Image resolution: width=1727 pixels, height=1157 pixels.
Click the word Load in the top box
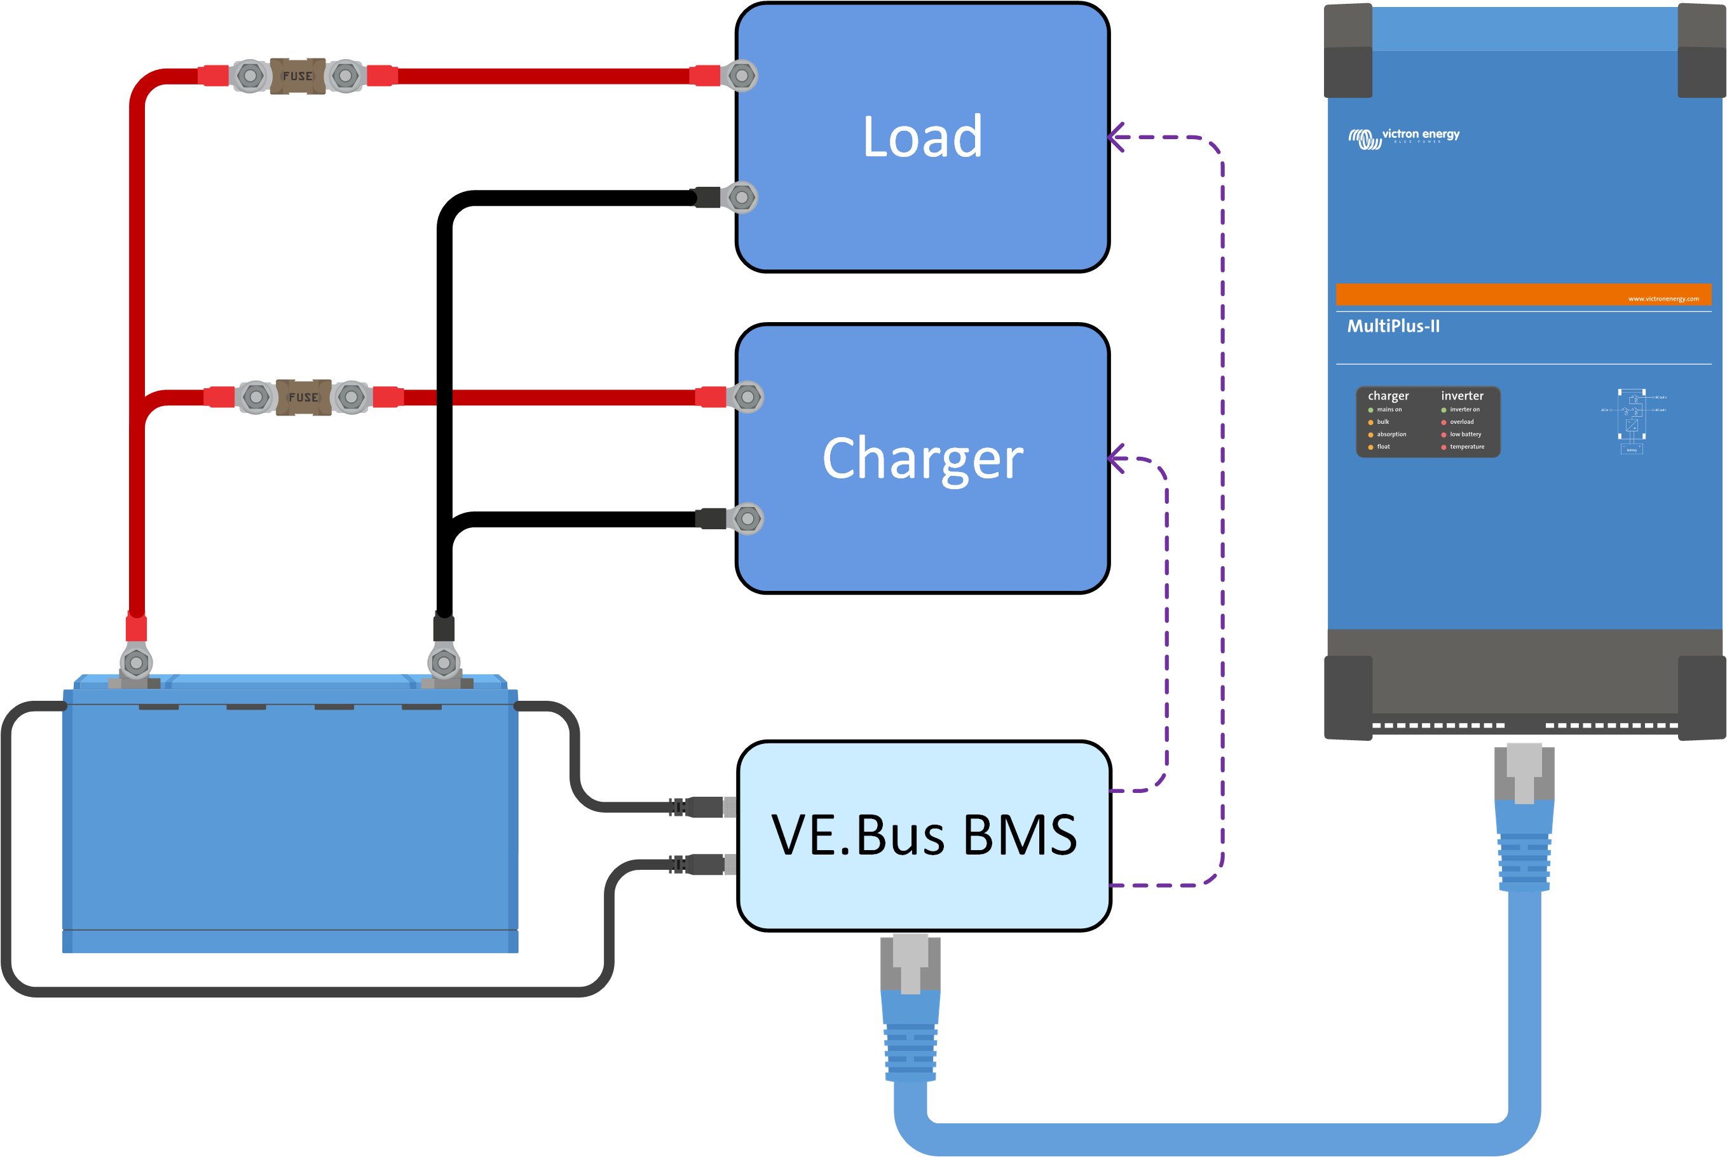922,137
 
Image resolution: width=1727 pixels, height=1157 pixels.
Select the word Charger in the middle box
922,458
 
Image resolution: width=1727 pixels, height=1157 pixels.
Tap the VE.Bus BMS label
924,836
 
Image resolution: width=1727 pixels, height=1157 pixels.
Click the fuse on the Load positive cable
297,76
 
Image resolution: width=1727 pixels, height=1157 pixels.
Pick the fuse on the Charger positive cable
303,397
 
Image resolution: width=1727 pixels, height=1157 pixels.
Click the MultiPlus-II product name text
1393,326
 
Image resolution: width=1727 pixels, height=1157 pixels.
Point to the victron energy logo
1403,137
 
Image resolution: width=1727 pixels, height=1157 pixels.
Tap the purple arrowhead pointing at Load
1116,137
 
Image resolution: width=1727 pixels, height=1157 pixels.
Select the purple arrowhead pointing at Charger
1116,459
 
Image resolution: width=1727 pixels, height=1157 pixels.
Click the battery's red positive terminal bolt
137,663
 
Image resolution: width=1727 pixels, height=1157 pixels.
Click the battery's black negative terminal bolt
444,663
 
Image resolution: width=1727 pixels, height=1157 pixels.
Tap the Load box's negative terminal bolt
742,198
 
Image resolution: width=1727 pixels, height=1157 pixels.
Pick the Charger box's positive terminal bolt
747,397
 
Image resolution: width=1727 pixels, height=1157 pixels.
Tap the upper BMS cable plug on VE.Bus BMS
705,808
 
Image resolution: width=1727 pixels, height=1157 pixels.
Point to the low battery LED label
1465,435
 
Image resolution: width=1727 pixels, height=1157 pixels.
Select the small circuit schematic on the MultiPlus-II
1632,421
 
